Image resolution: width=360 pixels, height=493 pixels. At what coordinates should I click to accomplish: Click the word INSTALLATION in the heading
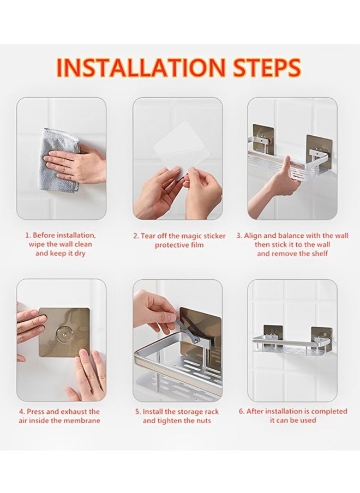141,68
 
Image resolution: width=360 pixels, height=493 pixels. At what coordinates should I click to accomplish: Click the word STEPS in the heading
267,68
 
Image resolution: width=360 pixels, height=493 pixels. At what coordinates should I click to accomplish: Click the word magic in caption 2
191,236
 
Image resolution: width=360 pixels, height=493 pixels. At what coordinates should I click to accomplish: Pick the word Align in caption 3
253,236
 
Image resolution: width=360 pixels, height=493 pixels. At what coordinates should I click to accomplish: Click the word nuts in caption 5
202,420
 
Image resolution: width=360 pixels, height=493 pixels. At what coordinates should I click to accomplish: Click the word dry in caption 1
79,254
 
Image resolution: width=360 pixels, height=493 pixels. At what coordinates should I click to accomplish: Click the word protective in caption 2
171,245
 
